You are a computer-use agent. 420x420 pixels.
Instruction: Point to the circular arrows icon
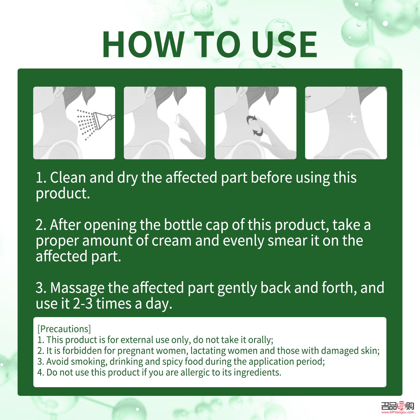tap(255, 126)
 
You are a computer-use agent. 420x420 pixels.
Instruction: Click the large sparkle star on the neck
tap(352, 117)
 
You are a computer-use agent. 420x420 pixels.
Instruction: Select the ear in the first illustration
tap(59, 92)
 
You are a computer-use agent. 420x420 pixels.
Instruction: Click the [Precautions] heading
tap(64, 329)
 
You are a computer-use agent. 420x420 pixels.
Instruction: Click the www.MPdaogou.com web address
tap(397, 412)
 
